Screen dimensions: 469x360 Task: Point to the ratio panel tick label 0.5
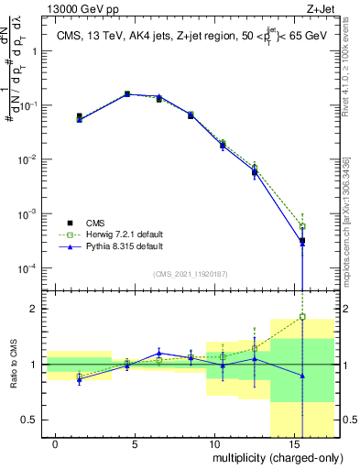30,420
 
